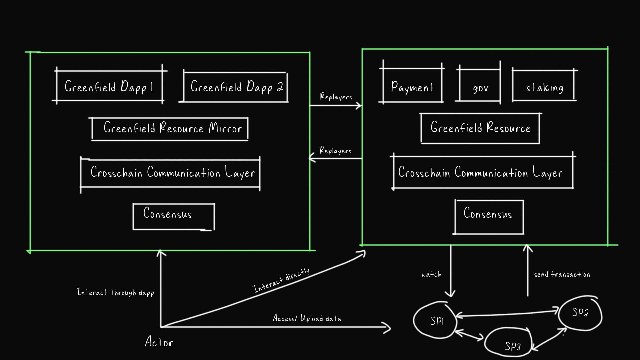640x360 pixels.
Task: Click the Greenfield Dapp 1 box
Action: point(109,86)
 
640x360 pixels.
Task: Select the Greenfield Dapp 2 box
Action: point(236,87)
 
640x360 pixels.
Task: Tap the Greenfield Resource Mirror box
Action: point(170,128)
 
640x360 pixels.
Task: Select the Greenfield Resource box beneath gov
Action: point(480,128)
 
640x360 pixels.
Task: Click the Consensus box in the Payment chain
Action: point(489,217)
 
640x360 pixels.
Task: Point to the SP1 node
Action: point(435,320)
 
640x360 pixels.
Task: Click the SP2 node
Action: point(580,313)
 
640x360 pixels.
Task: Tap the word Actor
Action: point(159,342)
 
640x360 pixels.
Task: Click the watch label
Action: point(431,274)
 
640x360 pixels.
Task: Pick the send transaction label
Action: point(562,274)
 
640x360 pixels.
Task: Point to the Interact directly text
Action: point(281,281)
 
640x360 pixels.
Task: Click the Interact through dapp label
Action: point(115,292)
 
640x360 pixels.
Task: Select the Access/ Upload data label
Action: point(307,318)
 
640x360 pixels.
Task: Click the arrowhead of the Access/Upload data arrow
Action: point(388,327)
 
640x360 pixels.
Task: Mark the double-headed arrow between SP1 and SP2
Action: point(507,314)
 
